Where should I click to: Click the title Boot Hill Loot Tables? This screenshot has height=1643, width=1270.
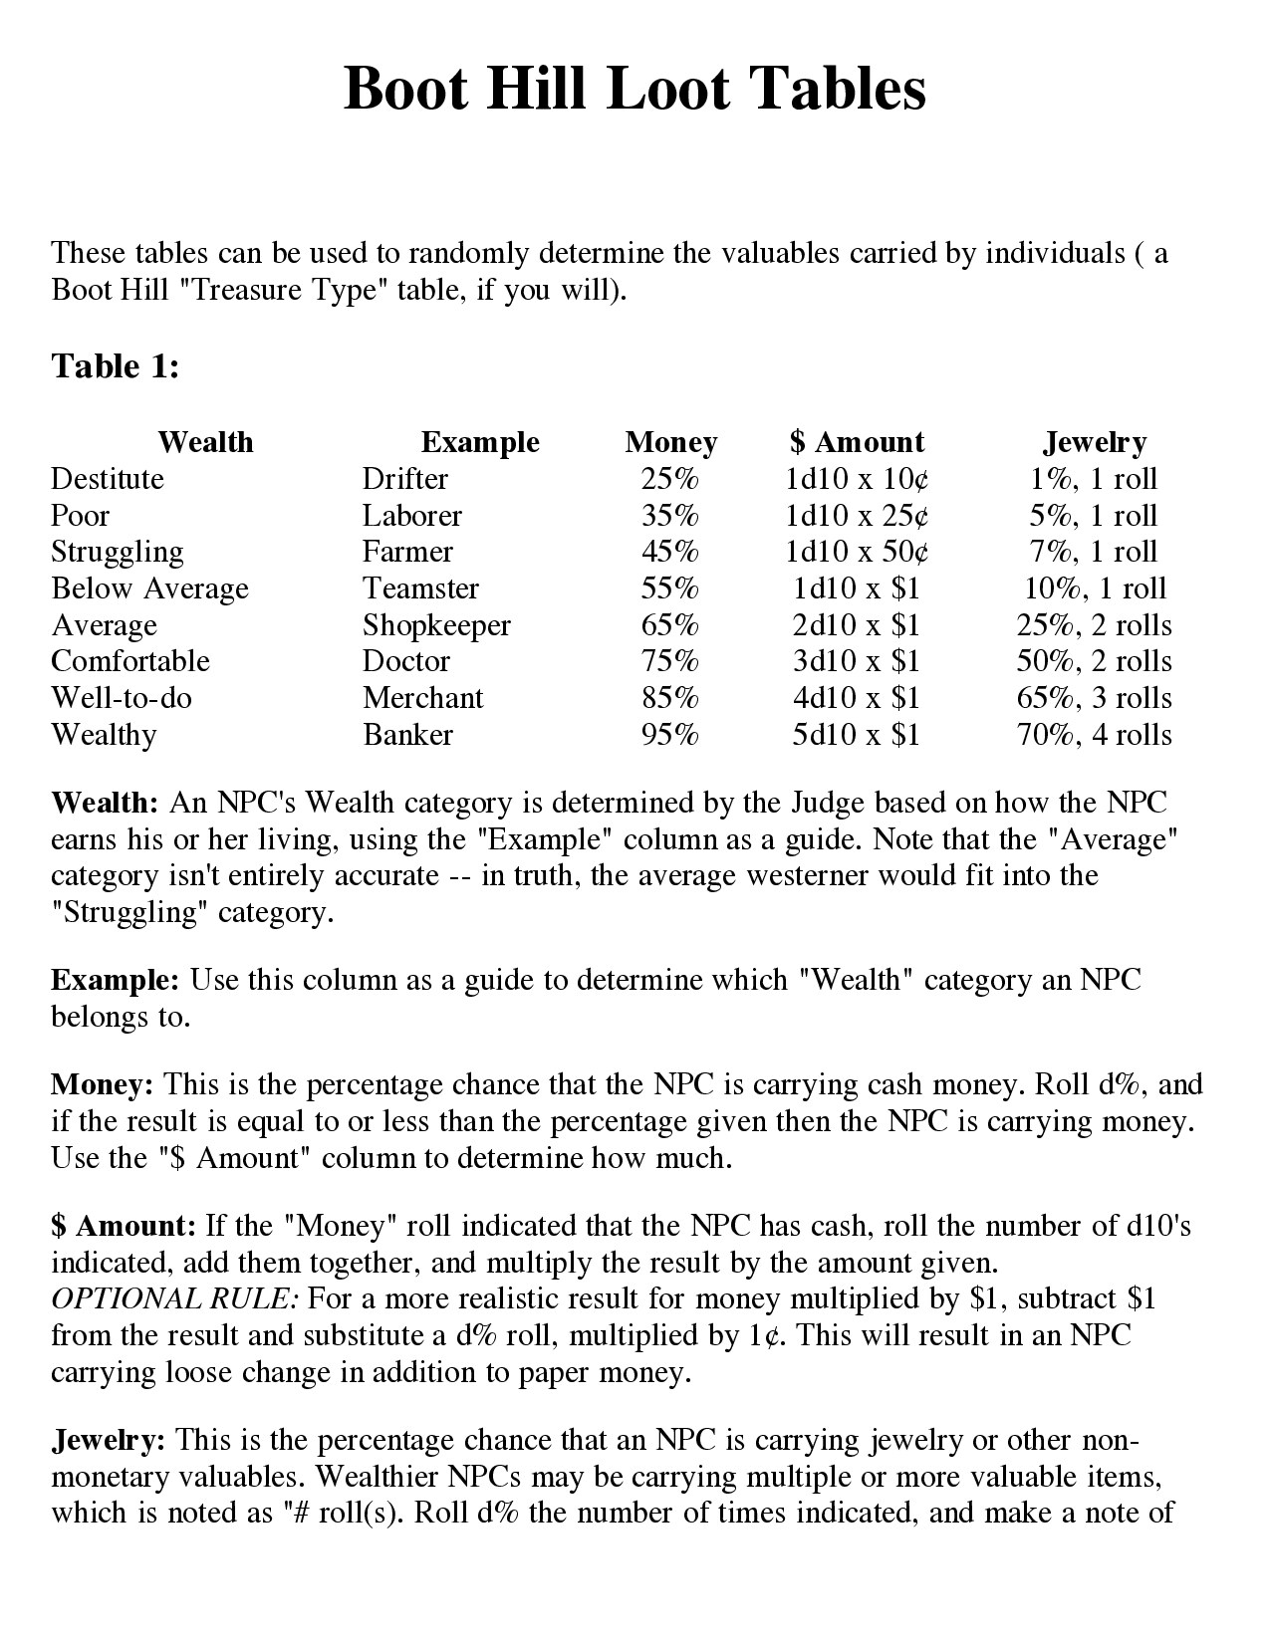[635, 89]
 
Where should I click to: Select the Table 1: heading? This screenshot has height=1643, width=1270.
[116, 366]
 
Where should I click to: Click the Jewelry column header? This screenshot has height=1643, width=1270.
[1095, 442]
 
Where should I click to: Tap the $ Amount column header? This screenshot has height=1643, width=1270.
[857, 442]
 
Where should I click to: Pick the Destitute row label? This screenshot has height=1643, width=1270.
[108, 479]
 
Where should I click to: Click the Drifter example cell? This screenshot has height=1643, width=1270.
[404, 479]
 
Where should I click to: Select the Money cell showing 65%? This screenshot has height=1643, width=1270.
[670, 625]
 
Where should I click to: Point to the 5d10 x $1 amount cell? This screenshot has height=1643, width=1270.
[857, 735]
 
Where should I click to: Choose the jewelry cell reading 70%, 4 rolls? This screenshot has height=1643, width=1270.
[1095, 735]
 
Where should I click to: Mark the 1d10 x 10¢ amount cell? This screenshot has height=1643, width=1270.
[857, 479]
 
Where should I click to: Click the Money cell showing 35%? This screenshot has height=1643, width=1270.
[670, 516]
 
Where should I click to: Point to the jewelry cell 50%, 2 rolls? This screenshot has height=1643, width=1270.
[1095, 661]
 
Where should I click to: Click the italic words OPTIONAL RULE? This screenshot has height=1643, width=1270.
[174, 1299]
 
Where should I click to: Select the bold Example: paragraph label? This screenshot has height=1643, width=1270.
[115, 980]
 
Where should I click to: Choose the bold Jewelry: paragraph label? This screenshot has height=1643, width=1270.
[108, 1440]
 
